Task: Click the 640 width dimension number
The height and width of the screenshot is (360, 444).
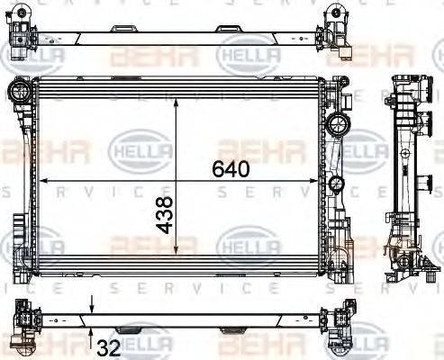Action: pos(231,168)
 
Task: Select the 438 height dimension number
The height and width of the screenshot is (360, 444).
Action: pos(165,217)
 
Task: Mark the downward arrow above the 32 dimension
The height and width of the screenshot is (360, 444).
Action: pos(93,306)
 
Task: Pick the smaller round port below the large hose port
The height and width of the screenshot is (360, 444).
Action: pos(337,184)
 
